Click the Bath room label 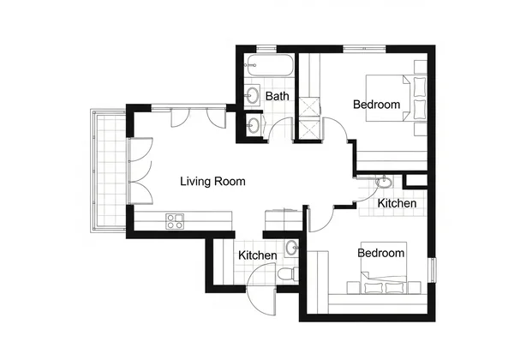(x=277, y=96)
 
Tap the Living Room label (x=212, y=182)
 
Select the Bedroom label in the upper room (x=376, y=105)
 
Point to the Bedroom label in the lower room (x=380, y=253)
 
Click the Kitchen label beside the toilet (x=257, y=255)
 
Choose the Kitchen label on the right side (x=397, y=204)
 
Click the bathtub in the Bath (x=268, y=65)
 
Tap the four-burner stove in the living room (x=176, y=221)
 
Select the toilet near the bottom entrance (x=287, y=273)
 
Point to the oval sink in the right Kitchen (x=385, y=183)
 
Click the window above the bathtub (x=266, y=50)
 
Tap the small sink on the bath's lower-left (x=253, y=125)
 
